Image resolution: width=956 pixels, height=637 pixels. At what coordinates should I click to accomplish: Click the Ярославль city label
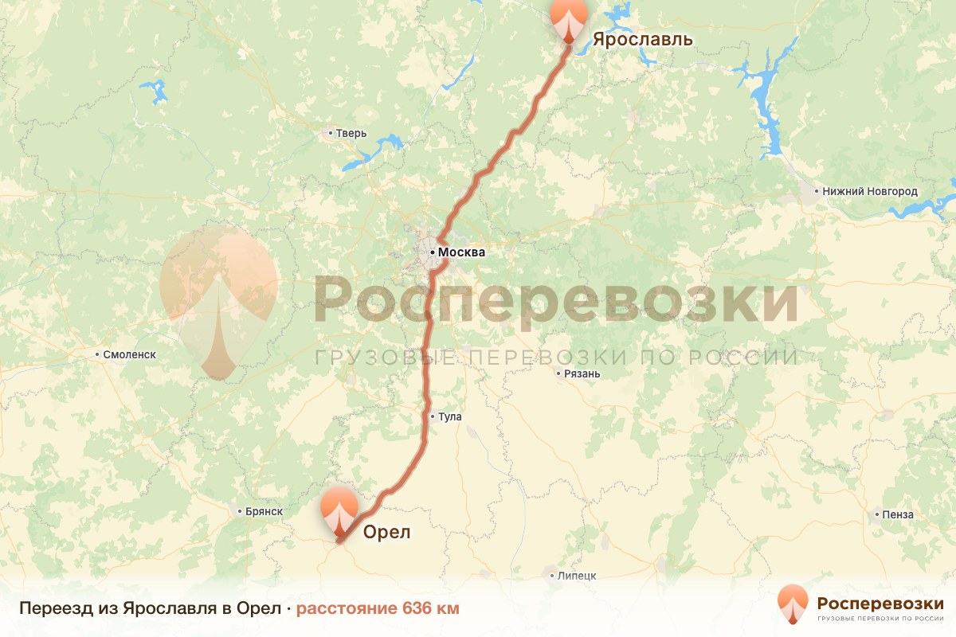coord(642,40)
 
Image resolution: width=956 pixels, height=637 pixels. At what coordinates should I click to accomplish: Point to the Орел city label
coord(387,533)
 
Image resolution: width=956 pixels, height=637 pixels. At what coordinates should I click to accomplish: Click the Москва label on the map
coord(461,252)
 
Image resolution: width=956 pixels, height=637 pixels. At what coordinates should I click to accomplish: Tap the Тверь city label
coord(351,133)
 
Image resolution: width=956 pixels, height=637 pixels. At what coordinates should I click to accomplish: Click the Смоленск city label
coord(130,354)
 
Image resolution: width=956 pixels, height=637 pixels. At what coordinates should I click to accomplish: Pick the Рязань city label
coord(582,373)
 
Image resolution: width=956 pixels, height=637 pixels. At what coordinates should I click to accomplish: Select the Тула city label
coord(449,416)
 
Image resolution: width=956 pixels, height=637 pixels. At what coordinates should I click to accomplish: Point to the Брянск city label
coord(264,511)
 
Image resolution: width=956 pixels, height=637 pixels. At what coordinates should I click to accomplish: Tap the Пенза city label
coord(898,514)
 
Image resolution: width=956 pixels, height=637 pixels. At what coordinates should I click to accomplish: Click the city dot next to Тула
coord(432,416)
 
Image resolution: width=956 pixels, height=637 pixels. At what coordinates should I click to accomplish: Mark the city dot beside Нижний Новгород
coord(816,192)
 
